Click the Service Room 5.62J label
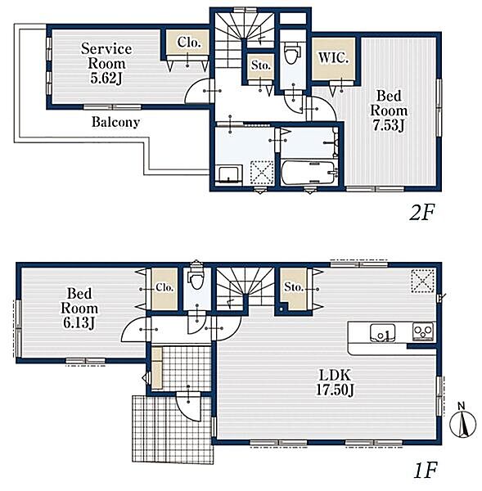tap(106, 64)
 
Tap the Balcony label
tap(115, 122)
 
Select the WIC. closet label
tap(333, 57)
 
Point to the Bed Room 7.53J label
tap(389, 110)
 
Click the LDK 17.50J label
tap(335, 382)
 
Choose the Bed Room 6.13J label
tap(79, 309)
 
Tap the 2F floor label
tap(422, 213)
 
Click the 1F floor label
tap(425, 471)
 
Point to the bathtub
tap(309, 173)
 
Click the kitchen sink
tap(382, 333)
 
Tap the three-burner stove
tap(423, 331)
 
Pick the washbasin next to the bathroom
tap(230, 175)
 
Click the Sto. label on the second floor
tap(260, 65)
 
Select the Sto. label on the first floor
tap(294, 287)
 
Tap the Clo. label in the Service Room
tap(189, 43)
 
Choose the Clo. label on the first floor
tap(164, 287)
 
